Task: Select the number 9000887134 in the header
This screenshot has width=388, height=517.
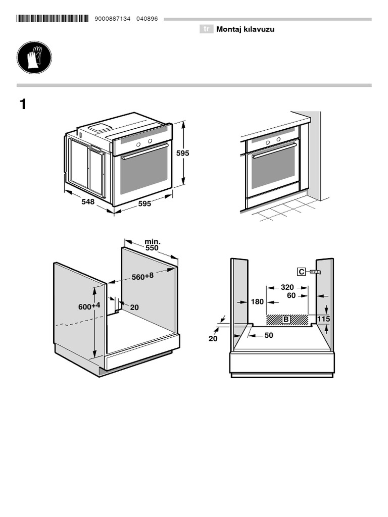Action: coord(112,19)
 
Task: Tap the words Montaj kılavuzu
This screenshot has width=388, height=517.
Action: coord(245,29)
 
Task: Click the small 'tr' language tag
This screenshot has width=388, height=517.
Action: coord(206,29)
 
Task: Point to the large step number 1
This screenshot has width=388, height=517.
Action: coord(22,105)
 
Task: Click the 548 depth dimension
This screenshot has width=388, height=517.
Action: coord(88,201)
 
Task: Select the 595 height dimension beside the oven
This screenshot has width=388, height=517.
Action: coord(182,153)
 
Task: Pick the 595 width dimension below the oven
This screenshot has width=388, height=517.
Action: coord(144,203)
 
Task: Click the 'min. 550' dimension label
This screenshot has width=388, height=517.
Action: coord(152,245)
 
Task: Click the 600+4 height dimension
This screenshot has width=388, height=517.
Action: coord(89,306)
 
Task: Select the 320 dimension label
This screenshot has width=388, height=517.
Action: coord(287,287)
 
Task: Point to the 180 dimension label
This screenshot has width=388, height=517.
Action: coord(257,301)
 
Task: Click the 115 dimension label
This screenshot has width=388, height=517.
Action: coord(324,319)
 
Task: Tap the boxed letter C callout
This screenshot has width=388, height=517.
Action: coord(302,272)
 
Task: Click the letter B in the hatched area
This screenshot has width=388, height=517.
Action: coord(285,319)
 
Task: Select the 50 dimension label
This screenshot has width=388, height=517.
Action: coord(268,335)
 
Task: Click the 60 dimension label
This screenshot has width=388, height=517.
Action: coord(291,296)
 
